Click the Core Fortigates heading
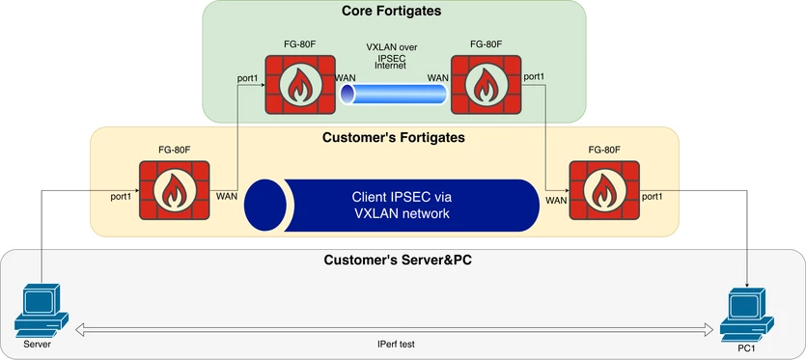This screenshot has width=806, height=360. click(x=392, y=11)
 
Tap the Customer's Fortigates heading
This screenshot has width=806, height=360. click(x=394, y=138)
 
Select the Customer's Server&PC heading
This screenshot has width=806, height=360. click(x=398, y=261)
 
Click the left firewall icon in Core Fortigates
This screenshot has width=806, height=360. click(x=299, y=84)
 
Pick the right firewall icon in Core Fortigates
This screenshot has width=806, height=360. click(x=486, y=84)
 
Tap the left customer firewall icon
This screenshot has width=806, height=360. click(x=174, y=191)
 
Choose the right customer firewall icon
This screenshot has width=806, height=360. click(x=604, y=191)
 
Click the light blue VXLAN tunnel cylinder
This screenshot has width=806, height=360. click(x=393, y=95)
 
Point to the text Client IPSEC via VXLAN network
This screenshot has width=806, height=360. click(x=402, y=206)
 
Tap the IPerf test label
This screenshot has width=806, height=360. click(x=397, y=343)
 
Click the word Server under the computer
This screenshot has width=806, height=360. click(x=38, y=344)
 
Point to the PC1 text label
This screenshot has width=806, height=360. click(x=745, y=349)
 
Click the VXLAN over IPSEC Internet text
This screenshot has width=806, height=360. click(x=392, y=57)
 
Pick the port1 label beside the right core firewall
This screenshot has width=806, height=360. click(x=534, y=76)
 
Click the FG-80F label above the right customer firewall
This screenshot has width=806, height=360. click(x=604, y=151)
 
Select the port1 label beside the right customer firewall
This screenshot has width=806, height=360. click(x=652, y=195)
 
